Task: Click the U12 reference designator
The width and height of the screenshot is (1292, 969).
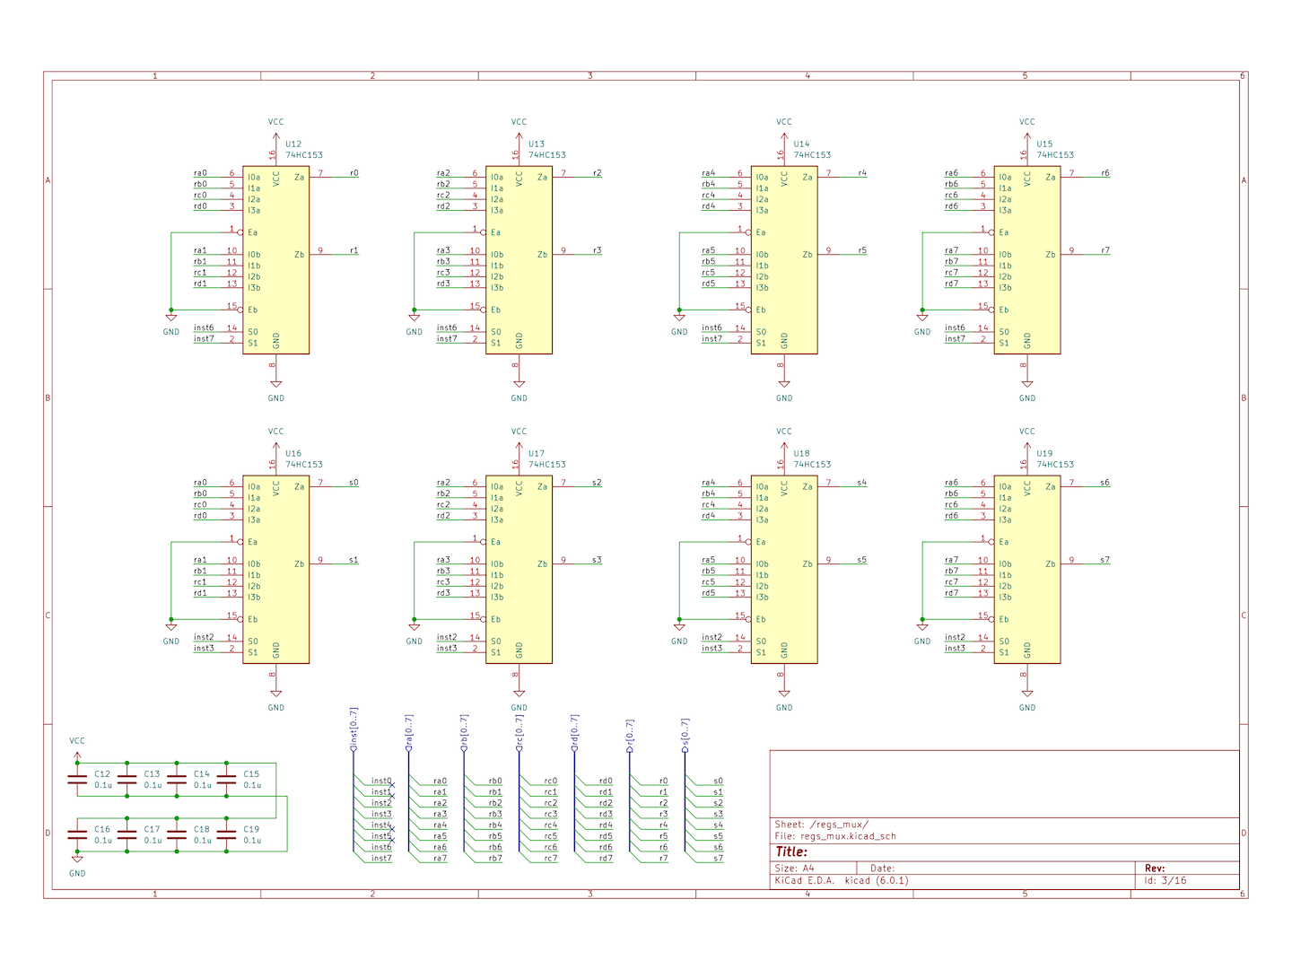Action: tap(293, 144)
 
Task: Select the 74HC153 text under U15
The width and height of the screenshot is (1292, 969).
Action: tap(1055, 155)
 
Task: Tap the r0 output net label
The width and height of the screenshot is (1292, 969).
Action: tap(354, 173)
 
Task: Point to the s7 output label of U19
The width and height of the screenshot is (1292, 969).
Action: tap(1104, 560)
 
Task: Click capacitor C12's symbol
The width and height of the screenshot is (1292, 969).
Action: tap(77, 780)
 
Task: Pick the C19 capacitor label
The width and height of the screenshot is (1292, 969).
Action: tap(251, 829)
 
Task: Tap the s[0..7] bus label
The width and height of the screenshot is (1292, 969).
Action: tap(685, 733)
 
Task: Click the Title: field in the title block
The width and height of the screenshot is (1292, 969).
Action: tap(791, 851)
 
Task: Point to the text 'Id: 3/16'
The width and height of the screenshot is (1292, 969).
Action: tap(1165, 881)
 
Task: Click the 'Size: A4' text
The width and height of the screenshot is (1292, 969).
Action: tap(794, 868)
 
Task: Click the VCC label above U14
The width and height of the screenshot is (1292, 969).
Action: tap(784, 122)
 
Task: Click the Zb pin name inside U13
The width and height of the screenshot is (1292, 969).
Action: tap(542, 255)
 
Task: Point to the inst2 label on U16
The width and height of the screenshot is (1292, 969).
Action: tap(204, 637)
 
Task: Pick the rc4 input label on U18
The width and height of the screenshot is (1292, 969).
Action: tap(708, 505)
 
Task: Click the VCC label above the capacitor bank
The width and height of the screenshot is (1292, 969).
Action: tap(77, 741)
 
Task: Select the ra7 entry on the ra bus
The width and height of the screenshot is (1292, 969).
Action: tap(441, 859)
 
